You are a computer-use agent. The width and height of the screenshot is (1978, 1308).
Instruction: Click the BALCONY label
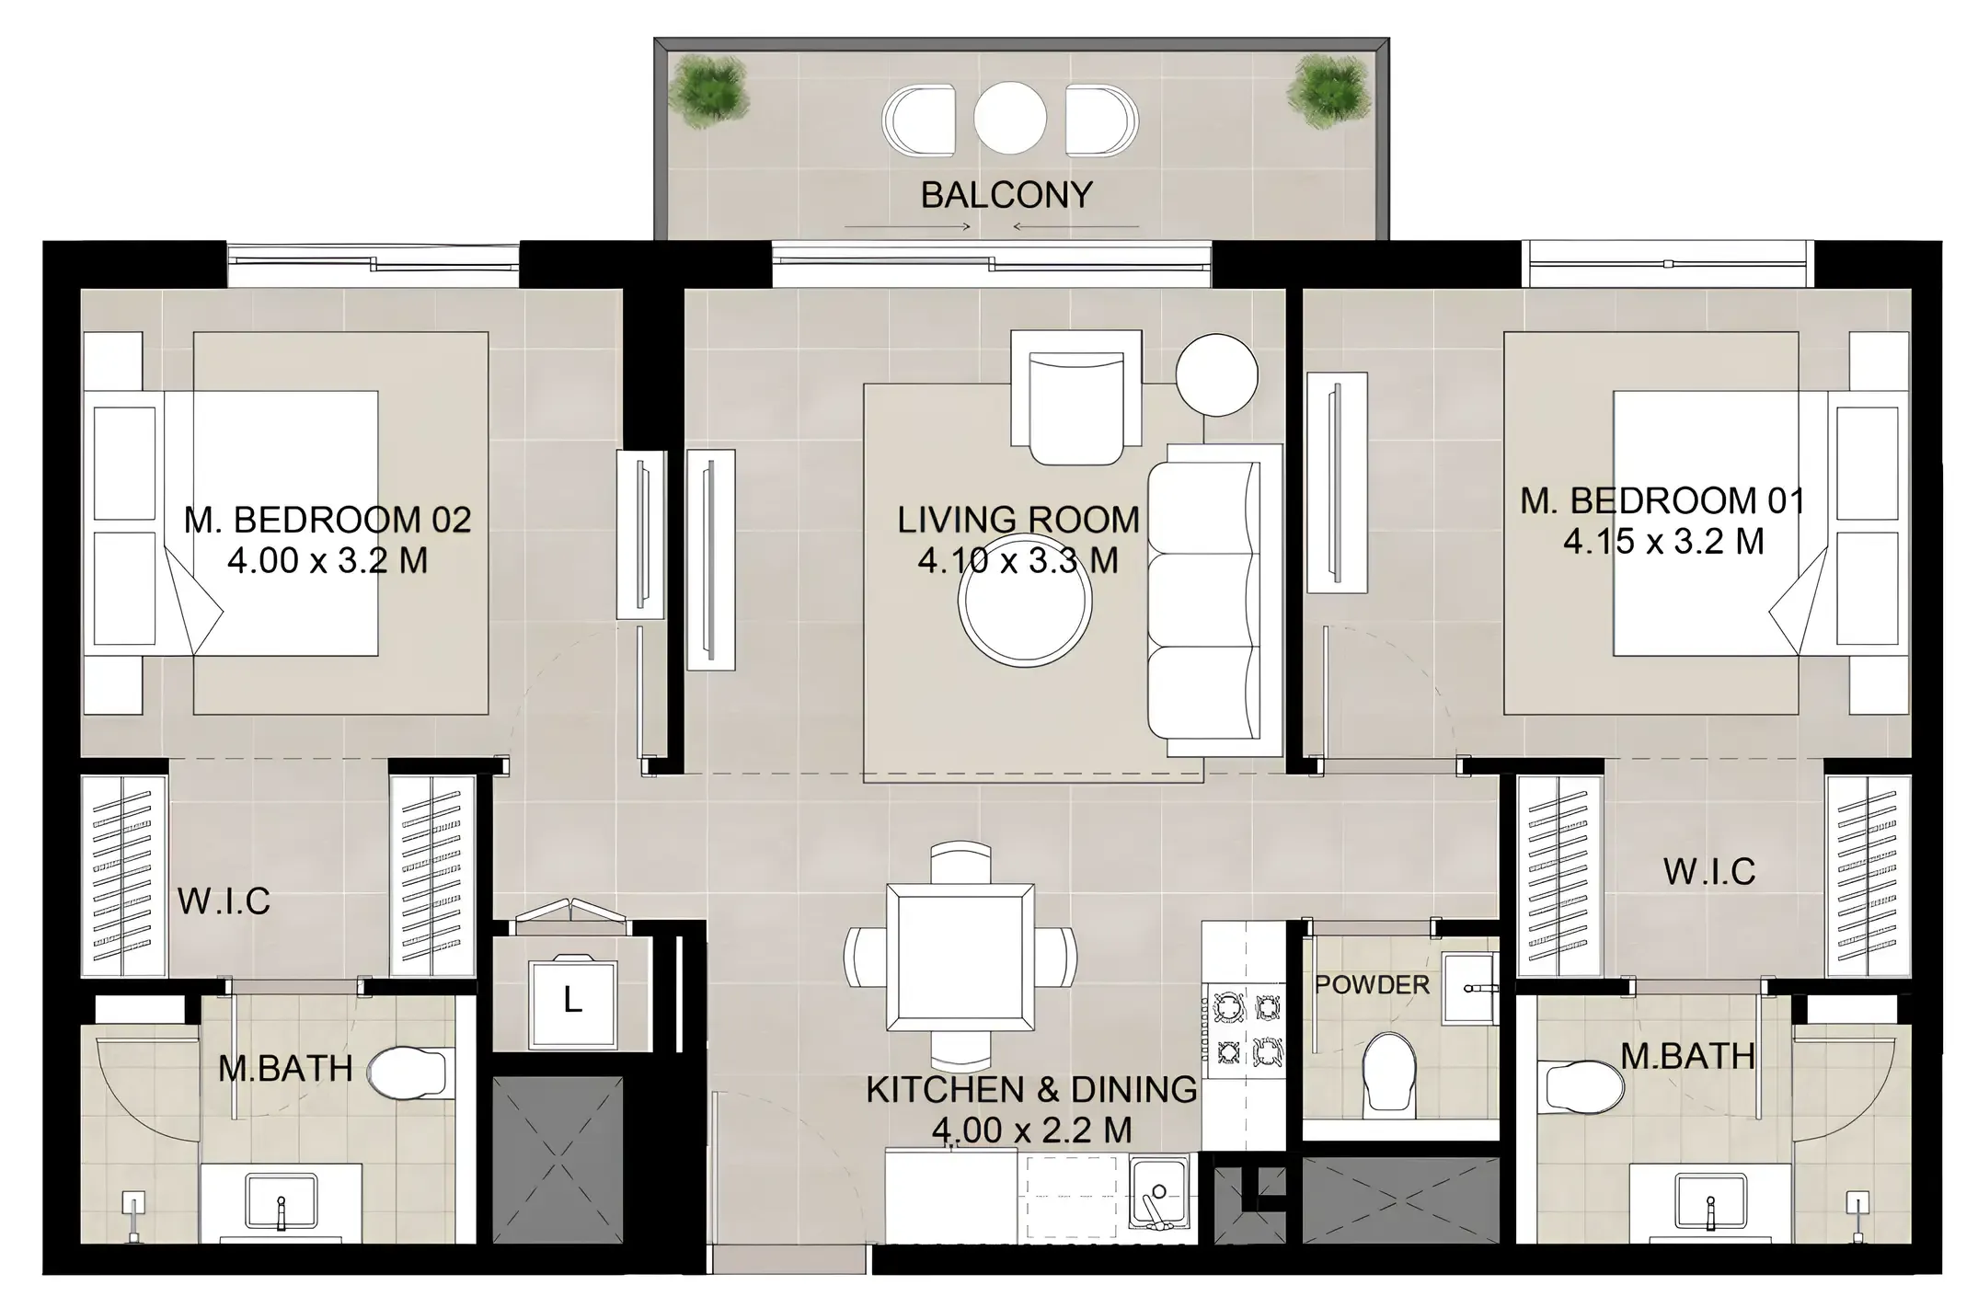(1006, 195)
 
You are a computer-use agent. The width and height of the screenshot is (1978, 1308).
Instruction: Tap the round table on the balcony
(1010, 118)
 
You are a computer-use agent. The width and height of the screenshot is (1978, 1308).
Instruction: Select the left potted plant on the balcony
(707, 90)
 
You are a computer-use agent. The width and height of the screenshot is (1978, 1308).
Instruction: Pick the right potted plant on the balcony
(1326, 90)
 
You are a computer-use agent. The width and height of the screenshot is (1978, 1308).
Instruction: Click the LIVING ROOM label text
(1018, 520)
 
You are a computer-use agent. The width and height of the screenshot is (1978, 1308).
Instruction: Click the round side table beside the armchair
(1216, 374)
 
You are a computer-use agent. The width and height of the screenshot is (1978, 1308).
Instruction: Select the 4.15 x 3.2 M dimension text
(1663, 541)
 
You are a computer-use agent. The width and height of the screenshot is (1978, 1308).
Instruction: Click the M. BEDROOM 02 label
(328, 520)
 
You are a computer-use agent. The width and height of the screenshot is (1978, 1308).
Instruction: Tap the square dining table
(960, 958)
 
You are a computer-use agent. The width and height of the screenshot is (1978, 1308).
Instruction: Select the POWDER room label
(1372, 984)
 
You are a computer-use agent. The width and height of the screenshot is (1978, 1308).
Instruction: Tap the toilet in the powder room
(1388, 1070)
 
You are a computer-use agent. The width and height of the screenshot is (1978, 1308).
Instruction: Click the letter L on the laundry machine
(572, 1000)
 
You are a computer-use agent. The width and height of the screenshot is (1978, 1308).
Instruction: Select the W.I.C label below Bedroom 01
(1708, 871)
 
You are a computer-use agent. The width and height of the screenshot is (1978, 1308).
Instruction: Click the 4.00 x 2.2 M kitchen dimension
(1031, 1130)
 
